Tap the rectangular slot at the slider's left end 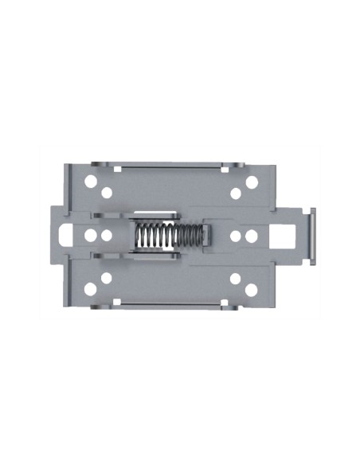click(68, 236)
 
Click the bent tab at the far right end click(314, 236)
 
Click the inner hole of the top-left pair click(106, 193)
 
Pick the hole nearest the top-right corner click(252, 182)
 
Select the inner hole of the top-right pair click(237, 193)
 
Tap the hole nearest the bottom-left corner click(91, 289)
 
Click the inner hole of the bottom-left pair click(106, 279)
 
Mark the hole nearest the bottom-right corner click(252, 289)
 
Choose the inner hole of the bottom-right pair click(237, 279)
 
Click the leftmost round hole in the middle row click(90, 236)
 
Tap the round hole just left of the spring click(106, 236)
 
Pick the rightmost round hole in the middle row click(252, 236)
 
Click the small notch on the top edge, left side click(116, 168)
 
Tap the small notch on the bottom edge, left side click(116, 303)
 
